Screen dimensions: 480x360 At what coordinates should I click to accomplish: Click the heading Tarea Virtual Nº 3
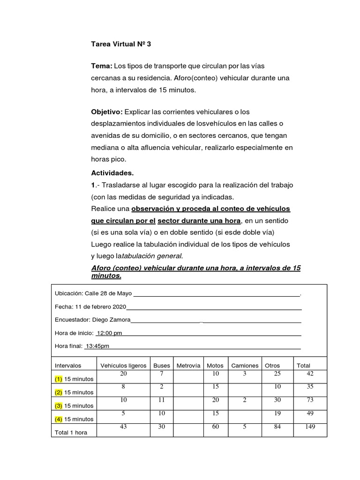(121, 45)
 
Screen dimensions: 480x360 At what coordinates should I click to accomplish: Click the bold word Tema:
(101, 66)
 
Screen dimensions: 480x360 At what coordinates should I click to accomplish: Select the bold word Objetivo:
(106, 111)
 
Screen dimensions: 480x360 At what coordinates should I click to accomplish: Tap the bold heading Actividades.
(112, 173)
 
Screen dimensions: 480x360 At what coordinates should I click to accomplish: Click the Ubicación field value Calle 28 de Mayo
(108, 293)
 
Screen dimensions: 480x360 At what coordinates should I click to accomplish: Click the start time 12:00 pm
(109, 333)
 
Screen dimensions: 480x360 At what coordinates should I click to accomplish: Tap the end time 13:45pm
(97, 346)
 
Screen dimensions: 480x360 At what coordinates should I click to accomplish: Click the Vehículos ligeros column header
(123, 366)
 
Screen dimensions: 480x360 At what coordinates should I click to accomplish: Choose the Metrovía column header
(188, 366)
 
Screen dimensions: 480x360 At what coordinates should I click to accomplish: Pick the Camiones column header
(244, 366)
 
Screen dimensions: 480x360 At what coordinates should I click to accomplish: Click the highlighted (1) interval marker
(59, 379)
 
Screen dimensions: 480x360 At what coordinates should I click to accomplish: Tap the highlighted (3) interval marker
(59, 405)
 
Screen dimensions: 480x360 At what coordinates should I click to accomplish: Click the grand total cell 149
(309, 427)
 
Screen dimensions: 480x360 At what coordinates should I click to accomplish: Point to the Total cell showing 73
(309, 400)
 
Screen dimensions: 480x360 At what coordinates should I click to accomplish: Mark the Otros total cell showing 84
(277, 427)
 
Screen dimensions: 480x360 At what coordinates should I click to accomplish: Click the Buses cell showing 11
(161, 400)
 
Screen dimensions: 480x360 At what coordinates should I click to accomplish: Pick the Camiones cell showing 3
(244, 373)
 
